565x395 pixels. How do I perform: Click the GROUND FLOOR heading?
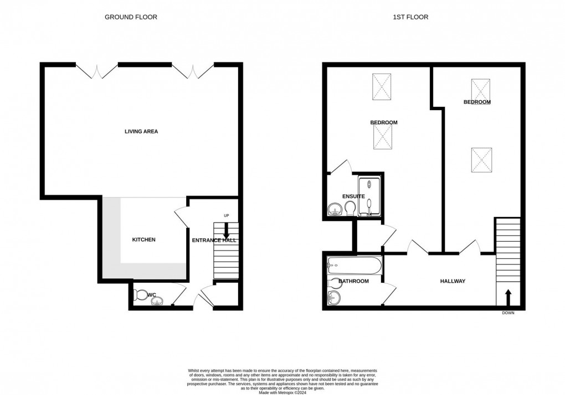click(x=131, y=17)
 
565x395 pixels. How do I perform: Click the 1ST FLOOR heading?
click(x=410, y=17)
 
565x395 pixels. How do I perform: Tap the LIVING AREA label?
click(x=141, y=132)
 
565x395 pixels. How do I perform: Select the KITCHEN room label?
click(x=143, y=240)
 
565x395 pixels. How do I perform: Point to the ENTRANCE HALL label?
click(x=214, y=240)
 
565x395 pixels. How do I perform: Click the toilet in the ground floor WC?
click(x=141, y=295)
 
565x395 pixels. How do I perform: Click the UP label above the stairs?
click(x=226, y=216)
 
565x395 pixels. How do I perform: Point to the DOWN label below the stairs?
click(x=508, y=313)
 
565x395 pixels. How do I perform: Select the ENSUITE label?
click(x=353, y=196)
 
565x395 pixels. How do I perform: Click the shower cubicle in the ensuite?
click(x=370, y=196)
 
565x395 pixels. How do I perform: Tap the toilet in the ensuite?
click(x=350, y=209)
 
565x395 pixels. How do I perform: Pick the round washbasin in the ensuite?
click(x=334, y=209)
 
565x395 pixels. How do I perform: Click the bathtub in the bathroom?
click(x=355, y=266)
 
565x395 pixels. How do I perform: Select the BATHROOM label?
click(x=353, y=282)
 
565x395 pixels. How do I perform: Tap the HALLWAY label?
click(x=453, y=282)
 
